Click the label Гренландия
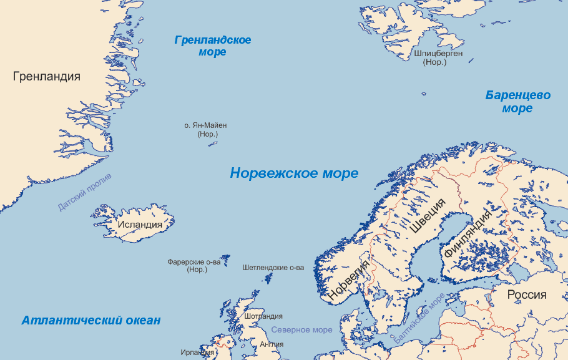pos(47,77)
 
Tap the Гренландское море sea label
pos(213,46)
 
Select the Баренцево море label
pos(518,102)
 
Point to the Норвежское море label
pos(294,173)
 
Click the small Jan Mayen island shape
pos(212,144)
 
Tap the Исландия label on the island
pos(140,225)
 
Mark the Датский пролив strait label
pos(84,193)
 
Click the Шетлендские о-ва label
pos(273,268)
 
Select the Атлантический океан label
pos(91,321)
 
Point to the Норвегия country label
pos(350,281)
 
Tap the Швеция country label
pos(428,215)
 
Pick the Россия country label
pos(526,295)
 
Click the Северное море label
pos(302,329)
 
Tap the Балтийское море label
pos(419,318)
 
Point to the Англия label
pos(271,344)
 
